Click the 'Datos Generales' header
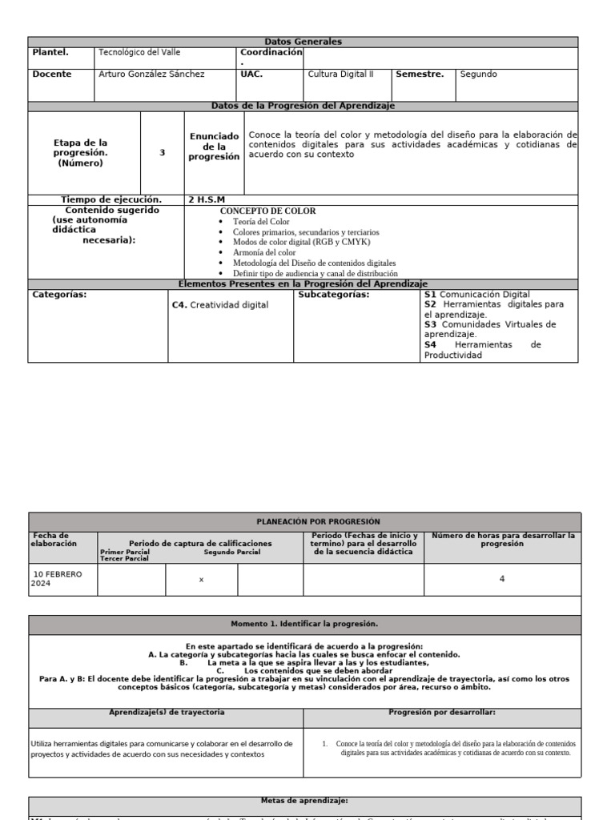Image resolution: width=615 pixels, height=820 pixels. (x=303, y=42)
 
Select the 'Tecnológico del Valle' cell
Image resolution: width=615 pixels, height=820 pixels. (x=139, y=53)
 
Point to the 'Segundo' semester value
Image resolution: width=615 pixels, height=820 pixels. (x=478, y=74)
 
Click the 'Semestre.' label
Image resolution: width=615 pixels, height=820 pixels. (x=420, y=74)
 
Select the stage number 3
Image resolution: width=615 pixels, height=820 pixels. (x=163, y=152)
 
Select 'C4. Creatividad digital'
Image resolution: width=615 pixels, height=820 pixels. (x=220, y=305)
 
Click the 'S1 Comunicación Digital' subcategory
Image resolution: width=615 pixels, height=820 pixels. (x=476, y=295)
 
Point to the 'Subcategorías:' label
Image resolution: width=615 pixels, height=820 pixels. (x=333, y=295)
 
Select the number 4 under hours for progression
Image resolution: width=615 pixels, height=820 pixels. (x=501, y=579)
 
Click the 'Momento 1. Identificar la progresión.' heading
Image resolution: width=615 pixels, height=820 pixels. (x=303, y=624)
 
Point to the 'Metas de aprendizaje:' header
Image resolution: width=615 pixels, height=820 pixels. (x=303, y=800)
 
